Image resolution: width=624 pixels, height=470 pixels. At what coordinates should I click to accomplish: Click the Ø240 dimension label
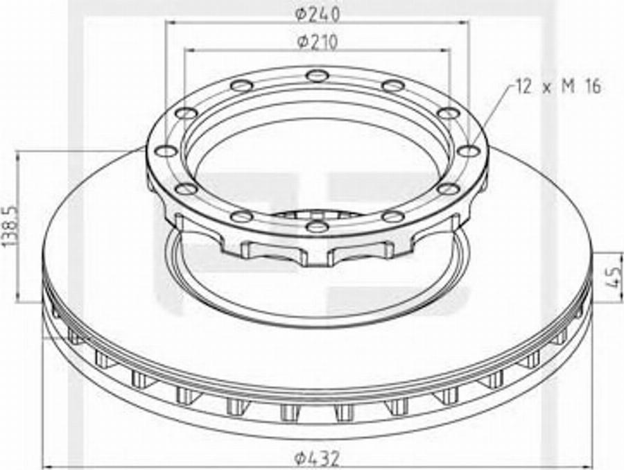click(x=318, y=14)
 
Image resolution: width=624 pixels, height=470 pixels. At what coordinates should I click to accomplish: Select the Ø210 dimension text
click(x=318, y=42)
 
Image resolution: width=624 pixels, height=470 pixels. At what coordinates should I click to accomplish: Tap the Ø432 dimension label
click(x=318, y=459)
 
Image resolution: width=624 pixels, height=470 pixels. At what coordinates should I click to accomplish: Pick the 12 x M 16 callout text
click(x=558, y=86)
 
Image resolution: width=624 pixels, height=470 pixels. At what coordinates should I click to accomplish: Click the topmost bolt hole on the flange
click(x=317, y=75)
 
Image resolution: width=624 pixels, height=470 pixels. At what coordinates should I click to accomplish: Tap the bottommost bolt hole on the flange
click(x=317, y=227)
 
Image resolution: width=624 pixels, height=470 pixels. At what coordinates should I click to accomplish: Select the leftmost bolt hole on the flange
click(x=166, y=151)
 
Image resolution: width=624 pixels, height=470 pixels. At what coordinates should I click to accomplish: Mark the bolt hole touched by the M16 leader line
click(x=469, y=151)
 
